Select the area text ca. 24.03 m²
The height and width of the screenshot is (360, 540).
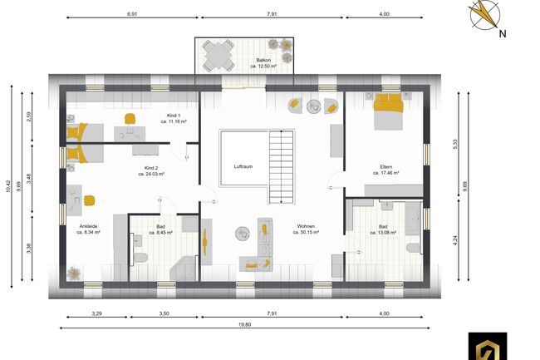150,175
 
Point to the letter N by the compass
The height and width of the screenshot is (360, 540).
503,34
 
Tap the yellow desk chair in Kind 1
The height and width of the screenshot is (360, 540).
130,119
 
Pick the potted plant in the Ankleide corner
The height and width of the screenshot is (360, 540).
73,272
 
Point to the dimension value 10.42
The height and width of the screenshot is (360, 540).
8,190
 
